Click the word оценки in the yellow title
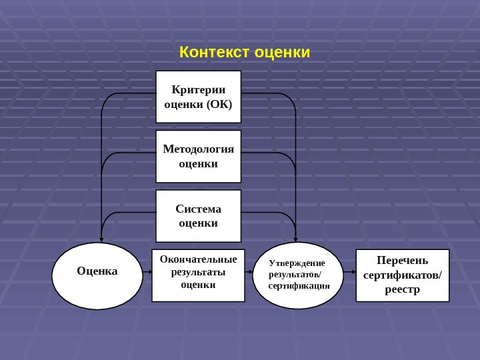click(x=282, y=52)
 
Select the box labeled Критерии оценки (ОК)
click(x=198, y=97)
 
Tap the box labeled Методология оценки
click(x=198, y=156)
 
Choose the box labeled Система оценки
click(x=198, y=216)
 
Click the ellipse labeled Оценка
click(x=97, y=276)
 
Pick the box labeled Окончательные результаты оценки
click(x=198, y=275)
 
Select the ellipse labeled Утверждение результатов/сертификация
click(x=298, y=275)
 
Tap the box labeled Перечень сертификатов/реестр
click(x=403, y=275)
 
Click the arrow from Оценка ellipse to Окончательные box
click(x=147, y=272)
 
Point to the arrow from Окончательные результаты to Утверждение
click(x=249, y=272)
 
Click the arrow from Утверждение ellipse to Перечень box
click(x=350, y=272)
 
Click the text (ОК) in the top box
click(x=219, y=104)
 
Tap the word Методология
click(x=198, y=149)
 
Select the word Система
click(x=198, y=209)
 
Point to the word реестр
click(x=403, y=289)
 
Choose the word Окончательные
click(x=198, y=259)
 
